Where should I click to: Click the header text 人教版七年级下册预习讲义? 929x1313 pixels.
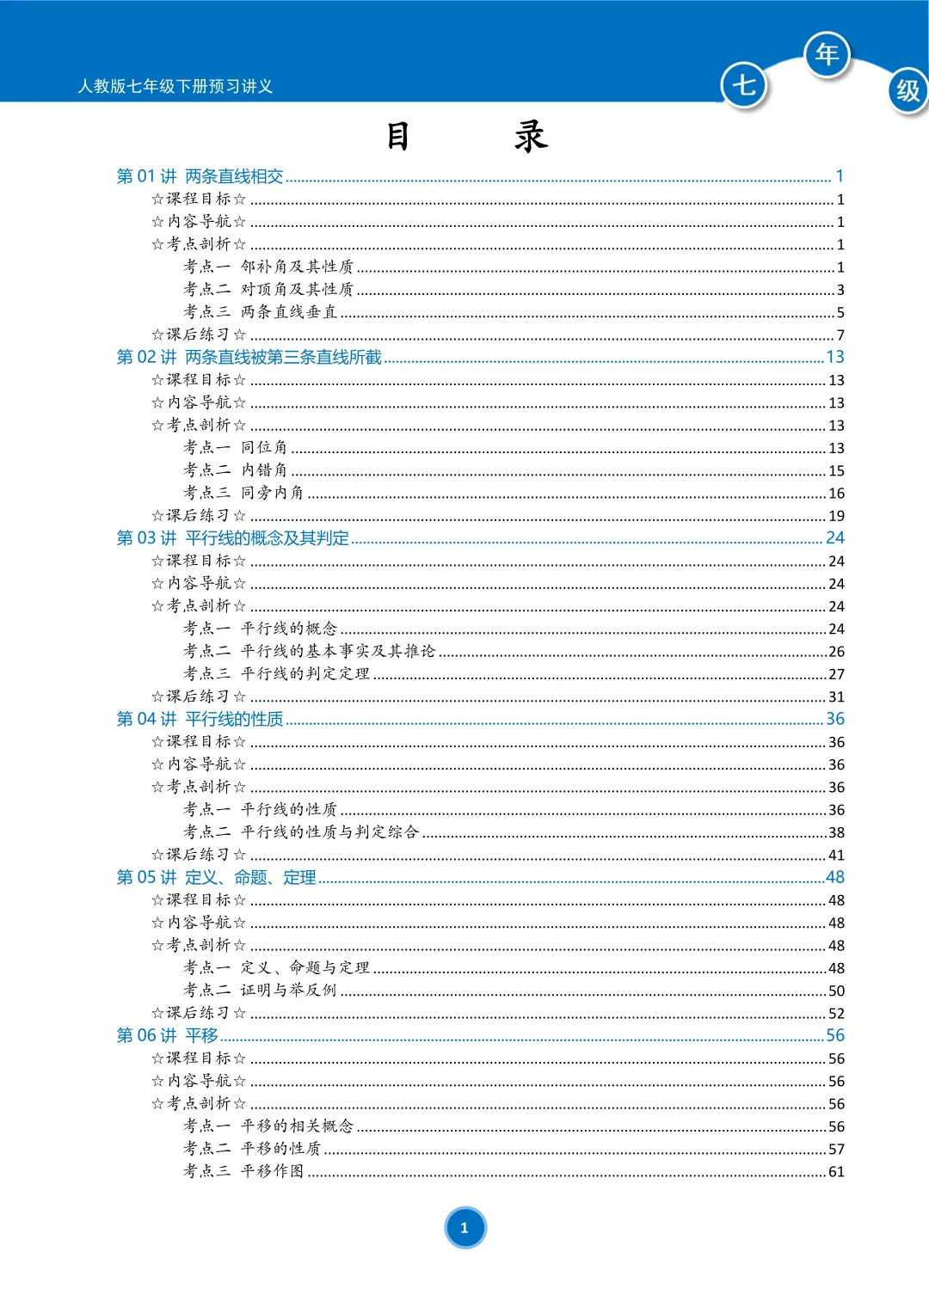pyautogui.click(x=175, y=86)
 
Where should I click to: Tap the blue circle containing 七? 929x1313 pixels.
pyautogui.click(x=743, y=84)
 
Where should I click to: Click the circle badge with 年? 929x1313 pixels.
pyautogui.click(x=827, y=54)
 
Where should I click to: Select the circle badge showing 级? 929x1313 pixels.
pyautogui.click(x=907, y=90)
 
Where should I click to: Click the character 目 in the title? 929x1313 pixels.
pyautogui.click(x=397, y=136)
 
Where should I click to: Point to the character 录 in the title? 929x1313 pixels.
pyautogui.click(x=531, y=136)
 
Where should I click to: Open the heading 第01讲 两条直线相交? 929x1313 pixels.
pyautogui.click(x=200, y=176)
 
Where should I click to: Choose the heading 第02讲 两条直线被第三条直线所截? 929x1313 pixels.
pyautogui.click(x=249, y=357)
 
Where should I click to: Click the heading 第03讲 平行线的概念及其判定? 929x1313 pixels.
pyautogui.click(x=233, y=538)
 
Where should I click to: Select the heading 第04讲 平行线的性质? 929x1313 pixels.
pyautogui.click(x=200, y=719)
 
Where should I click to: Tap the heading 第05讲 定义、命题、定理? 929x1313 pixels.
pyautogui.click(x=217, y=877)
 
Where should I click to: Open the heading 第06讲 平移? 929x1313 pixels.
pyautogui.click(x=168, y=1035)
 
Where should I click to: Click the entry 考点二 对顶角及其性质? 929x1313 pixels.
pyautogui.click(x=268, y=289)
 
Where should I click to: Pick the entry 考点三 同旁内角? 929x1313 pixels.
pyautogui.click(x=243, y=493)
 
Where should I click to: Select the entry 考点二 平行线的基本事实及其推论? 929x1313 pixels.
pyautogui.click(x=310, y=651)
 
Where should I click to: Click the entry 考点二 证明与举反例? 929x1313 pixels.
pyautogui.click(x=260, y=990)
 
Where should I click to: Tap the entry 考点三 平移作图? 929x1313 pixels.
pyautogui.click(x=243, y=1171)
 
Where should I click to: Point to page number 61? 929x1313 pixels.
pyautogui.click(x=836, y=1171)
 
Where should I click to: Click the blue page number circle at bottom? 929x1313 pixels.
pyautogui.click(x=464, y=1227)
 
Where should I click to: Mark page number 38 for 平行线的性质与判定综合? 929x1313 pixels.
pyautogui.click(x=836, y=832)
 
